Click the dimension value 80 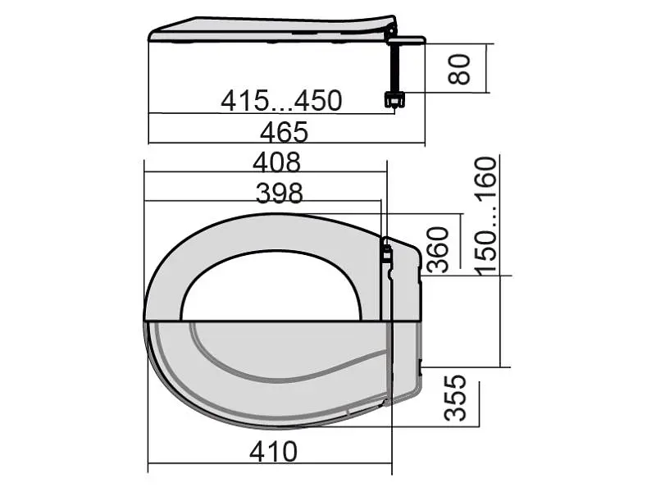[x=458, y=69]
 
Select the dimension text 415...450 [x=281, y=101]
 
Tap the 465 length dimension [x=284, y=132]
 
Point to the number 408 [x=276, y=162]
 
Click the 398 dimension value [x=279, y=194]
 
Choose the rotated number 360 [x=438, y=250]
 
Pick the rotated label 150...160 [x=485, y=216]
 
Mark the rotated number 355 [x=455, y=398]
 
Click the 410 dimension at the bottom [x=274, y=452]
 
